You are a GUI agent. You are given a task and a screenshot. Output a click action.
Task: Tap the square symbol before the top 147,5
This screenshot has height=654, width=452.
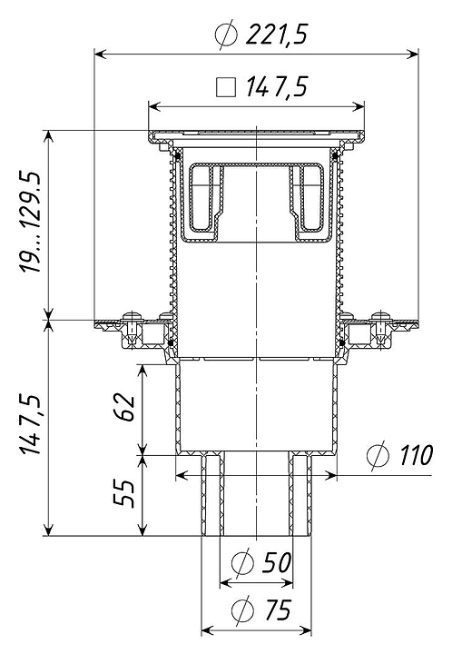(225, 87)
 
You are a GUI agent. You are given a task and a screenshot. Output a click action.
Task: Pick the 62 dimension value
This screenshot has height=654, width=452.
(123, 407)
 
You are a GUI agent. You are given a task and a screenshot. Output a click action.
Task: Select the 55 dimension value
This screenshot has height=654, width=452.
(123, 493)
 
